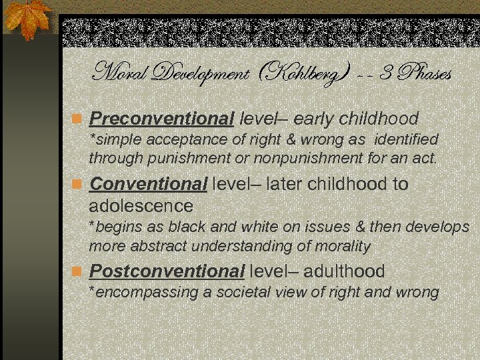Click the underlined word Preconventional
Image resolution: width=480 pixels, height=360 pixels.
[162, 119]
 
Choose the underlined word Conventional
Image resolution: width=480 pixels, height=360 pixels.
[148, 183]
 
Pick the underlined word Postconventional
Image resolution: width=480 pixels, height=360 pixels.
[167, 272]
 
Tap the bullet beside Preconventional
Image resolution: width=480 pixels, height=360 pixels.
[77, 120]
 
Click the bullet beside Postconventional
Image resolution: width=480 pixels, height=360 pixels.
[77, 272]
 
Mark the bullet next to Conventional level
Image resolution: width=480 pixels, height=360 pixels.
[77, 184]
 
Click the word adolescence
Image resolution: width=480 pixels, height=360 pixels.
[141, 205]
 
